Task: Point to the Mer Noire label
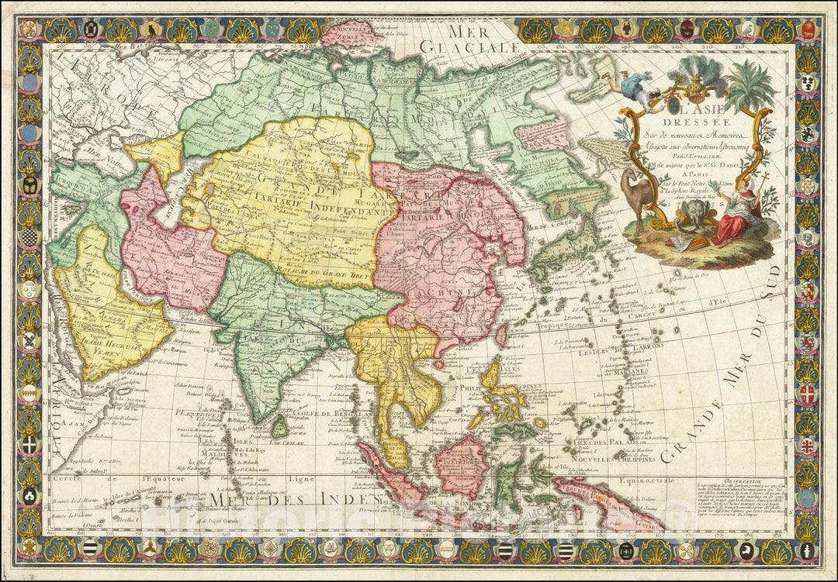tap(97, 156)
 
